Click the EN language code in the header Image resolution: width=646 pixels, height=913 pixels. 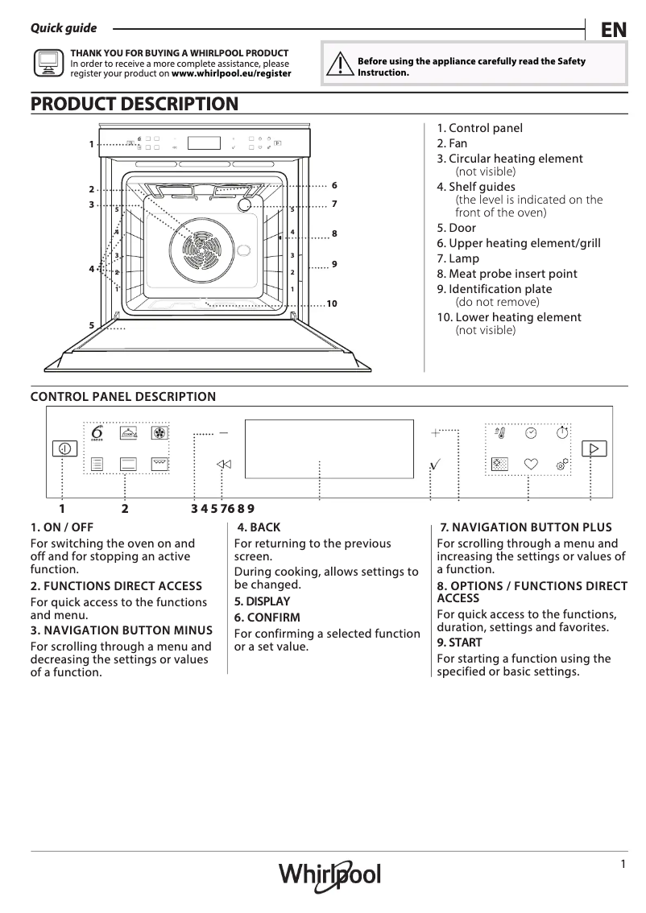coord(613,30)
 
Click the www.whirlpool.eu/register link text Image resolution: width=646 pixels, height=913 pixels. coord(232,73)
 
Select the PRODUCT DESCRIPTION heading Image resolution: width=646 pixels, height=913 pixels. coord(134,104)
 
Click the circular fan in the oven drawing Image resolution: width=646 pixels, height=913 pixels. coord(198,242)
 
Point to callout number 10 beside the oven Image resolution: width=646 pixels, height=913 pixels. coord(331,304)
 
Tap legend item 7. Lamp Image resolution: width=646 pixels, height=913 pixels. coord(458,258)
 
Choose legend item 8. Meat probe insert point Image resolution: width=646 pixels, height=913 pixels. coord(507,274)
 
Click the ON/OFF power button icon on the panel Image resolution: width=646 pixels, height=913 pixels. coord(65,449)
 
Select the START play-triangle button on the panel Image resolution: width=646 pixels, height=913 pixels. coord(594,448)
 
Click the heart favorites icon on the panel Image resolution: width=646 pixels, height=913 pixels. coord(530,464)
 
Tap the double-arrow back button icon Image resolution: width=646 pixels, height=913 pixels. coord(224,464)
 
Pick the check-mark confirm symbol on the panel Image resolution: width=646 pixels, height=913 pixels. coord(436,464)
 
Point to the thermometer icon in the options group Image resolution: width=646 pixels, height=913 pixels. coord(499,433)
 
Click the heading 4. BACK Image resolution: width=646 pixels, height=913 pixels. coord(259,527)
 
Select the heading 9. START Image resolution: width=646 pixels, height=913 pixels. coord(459,642)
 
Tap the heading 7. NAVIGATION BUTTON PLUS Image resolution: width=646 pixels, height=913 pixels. coord(525,527)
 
